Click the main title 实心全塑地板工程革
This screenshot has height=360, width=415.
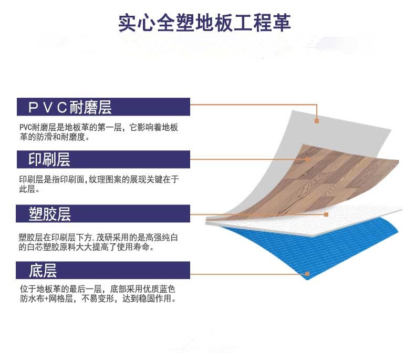click(x=204, y=23)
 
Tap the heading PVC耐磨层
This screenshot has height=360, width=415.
click(x=70, y=107)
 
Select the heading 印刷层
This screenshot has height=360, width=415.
click(x=49, y=159)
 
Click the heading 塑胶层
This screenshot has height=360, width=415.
click(x=50, y=214)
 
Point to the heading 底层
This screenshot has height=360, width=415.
click(x=43, y=270)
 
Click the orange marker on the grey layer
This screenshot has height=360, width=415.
click(x=317, y=121)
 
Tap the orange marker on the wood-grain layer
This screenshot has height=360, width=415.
click(x=308, y=159)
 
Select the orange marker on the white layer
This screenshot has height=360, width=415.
click(x=326, y=214)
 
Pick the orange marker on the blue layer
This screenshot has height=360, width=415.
click(x=307, y=274)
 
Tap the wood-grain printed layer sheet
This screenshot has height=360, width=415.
click(x=331, y=180)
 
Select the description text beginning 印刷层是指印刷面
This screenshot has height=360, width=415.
click(x=99, y=184)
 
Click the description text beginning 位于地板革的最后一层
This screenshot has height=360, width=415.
click(x=98, y=294)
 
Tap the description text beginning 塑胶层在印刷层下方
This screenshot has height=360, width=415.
click(x=98, y=242)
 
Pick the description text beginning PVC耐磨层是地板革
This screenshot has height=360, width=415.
click(x=99, y=132)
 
